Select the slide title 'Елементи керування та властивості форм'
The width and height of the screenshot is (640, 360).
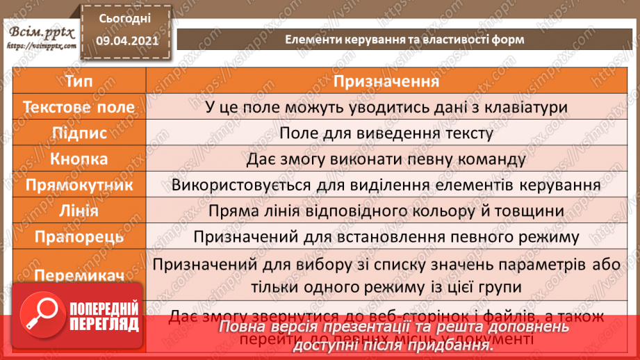404,40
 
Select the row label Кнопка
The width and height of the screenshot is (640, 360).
79,158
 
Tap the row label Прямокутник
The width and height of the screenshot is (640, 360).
79,185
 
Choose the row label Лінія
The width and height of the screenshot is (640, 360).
79,211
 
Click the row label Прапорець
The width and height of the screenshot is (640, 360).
79,236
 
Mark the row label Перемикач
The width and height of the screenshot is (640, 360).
79,276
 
